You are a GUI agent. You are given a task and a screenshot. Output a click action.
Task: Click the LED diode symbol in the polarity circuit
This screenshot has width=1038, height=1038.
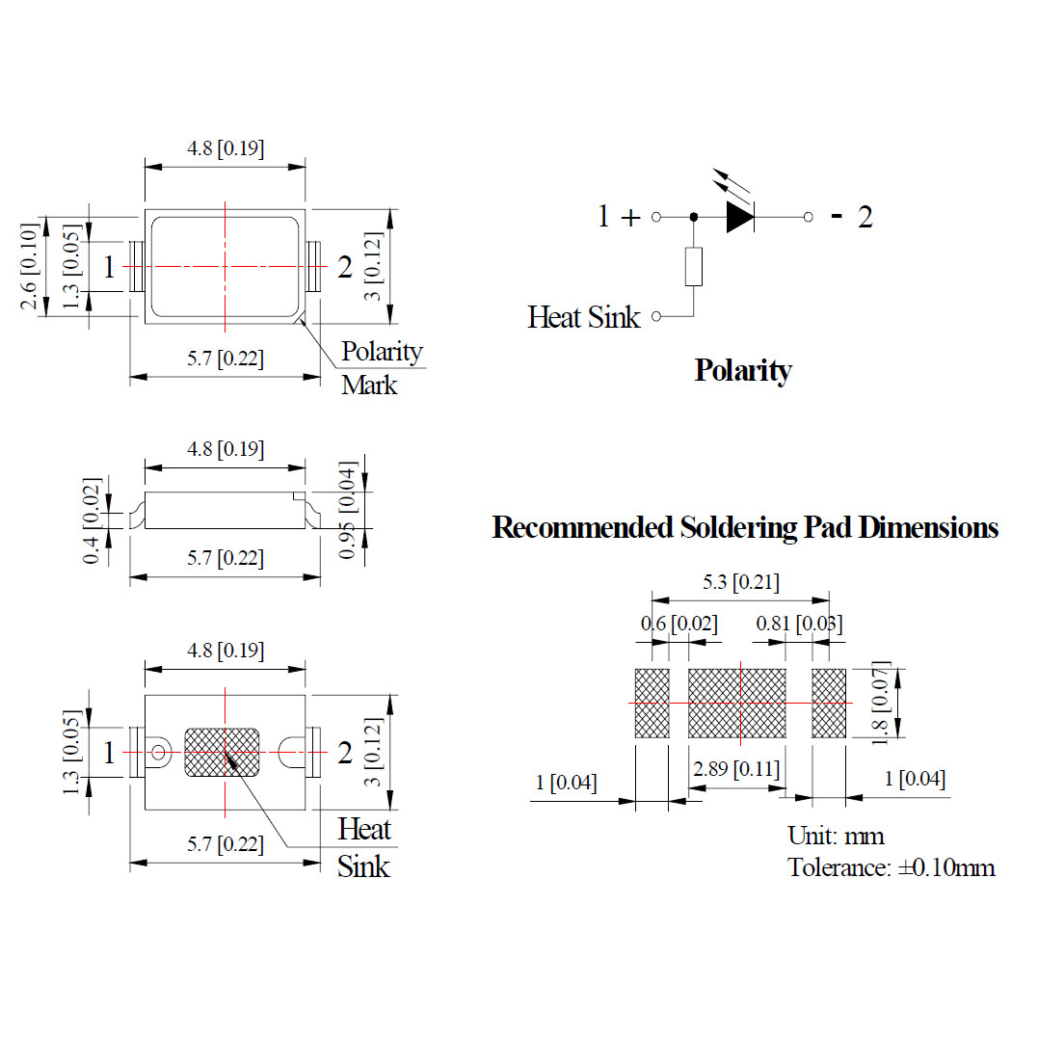click(x=739, y=217)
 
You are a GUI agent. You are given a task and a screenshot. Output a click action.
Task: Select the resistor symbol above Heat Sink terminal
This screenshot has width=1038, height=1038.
click(x=693, y=266)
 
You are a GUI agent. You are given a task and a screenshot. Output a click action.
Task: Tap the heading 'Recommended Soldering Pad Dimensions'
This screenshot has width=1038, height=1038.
click(x=745, y=528)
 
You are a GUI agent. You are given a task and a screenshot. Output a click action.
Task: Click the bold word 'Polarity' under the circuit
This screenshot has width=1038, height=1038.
click(x=743, y=371)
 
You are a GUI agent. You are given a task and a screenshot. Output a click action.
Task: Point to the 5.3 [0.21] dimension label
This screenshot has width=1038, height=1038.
click(x=740, y=582)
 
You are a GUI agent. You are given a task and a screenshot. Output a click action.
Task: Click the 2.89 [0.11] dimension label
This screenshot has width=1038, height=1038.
click(x=736, y=769)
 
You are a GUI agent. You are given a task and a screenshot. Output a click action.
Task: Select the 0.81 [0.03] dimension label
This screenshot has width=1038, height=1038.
click(x=799, y=625)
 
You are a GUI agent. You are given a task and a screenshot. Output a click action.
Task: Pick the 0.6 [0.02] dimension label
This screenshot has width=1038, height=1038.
click(x=679, y=625)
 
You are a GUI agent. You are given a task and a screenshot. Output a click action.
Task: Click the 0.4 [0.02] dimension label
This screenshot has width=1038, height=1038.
click(x=92, y=521)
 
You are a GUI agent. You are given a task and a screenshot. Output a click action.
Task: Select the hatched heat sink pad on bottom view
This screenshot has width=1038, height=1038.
click(x=222, y=751)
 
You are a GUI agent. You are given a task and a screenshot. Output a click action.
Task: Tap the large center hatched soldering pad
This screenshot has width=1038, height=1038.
click(x=737, y=703)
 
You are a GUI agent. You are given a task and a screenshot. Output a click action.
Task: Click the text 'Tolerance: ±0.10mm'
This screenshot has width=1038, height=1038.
click(x=891, y=867)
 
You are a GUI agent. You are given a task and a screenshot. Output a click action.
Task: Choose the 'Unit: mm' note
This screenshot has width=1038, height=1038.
click(x=836, y=836)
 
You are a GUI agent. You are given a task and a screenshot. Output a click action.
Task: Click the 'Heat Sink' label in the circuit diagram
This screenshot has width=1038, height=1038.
click(x=583, y=317)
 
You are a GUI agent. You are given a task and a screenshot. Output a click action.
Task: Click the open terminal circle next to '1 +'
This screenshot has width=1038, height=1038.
click(x=656, y=217)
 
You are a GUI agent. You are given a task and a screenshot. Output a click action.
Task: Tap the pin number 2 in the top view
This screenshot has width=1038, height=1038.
click(x=345, y=268)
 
